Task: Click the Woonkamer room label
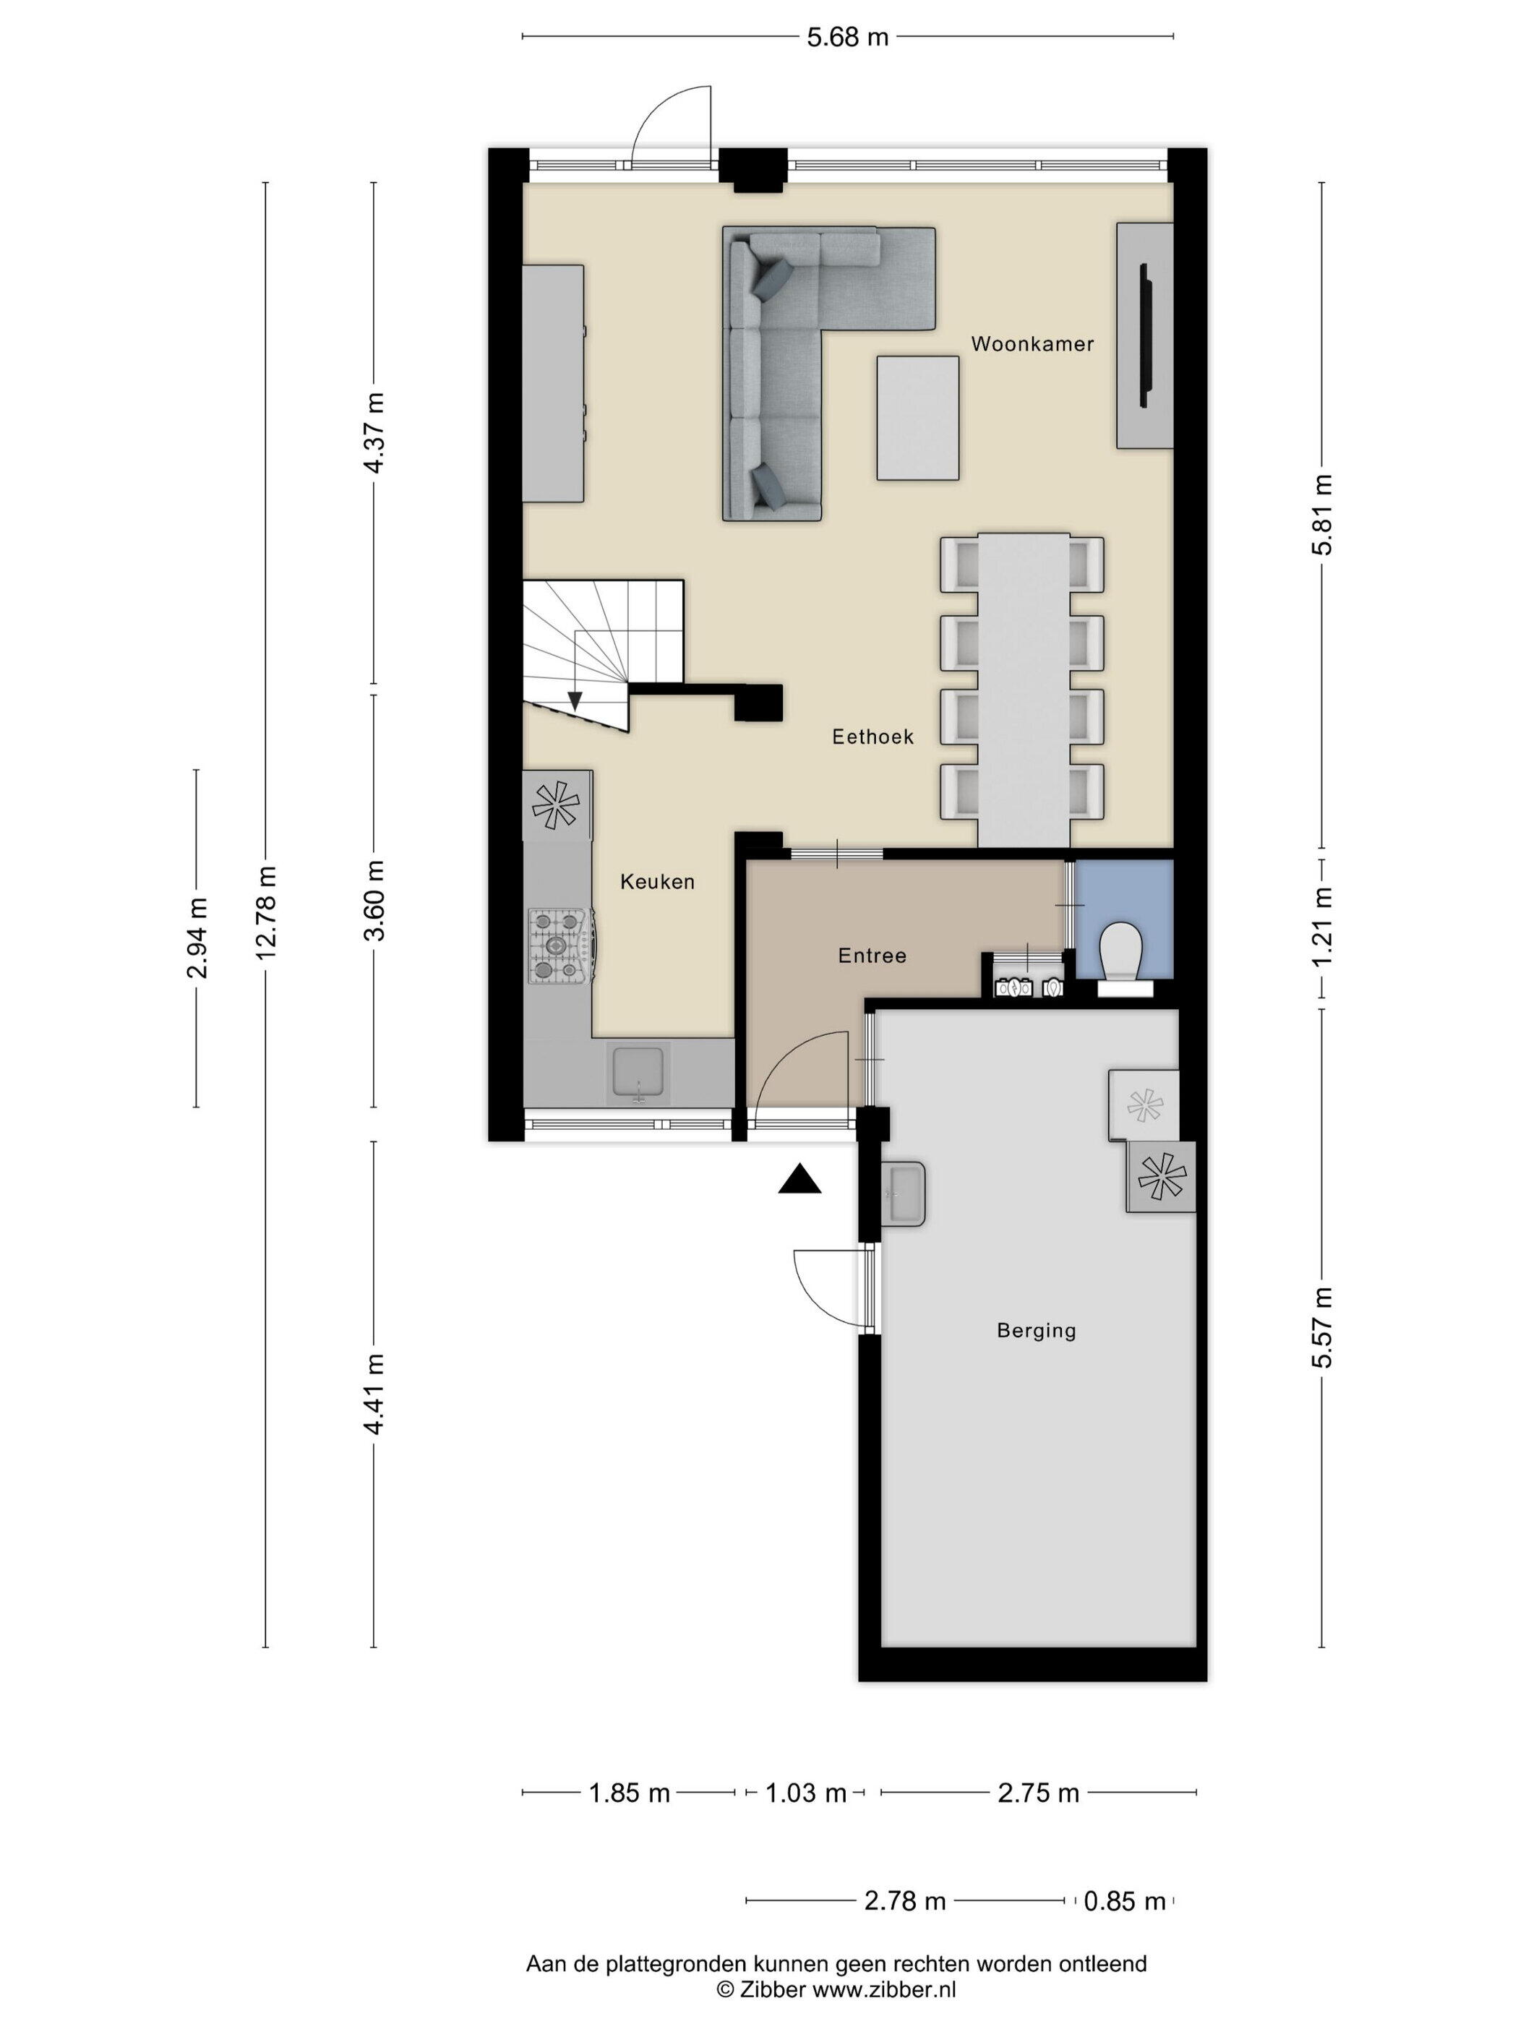coord(1032,344)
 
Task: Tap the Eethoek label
coord(872,737)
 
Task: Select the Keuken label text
coord(657,882)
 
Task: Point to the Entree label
coord(872,956)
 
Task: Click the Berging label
coord(1036,1331)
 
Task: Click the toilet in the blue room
coord(1123,957)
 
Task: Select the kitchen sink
coord(638,1074)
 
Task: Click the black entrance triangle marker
coord(799,1180)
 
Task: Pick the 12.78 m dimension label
coord(266,912)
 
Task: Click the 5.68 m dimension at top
coord(847,38)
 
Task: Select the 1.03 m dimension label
coord(806,1793)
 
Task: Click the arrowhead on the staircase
coord(575,701)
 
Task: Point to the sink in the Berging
coord(903,1194)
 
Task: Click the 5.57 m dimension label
coord(1322,1326)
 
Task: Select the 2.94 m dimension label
coord(197,938)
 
